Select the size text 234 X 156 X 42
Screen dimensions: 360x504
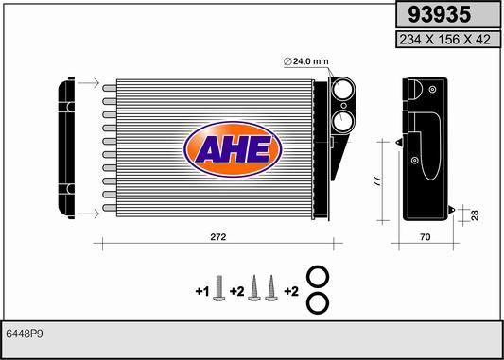tap(445, 39)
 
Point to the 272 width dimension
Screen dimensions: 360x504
tap(218, 237)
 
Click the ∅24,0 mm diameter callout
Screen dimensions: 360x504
tap(306, 61)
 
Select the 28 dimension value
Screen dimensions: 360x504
tap(474, 215)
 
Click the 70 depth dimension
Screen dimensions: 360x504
tap(425, 238)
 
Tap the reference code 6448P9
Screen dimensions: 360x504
tap(25, 334)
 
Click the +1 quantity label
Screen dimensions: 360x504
tap(201, 292)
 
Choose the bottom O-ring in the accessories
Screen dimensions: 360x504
tap(320, 304)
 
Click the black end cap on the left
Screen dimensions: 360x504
tap(66, 149)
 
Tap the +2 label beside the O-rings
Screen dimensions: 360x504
tap(291, 292)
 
